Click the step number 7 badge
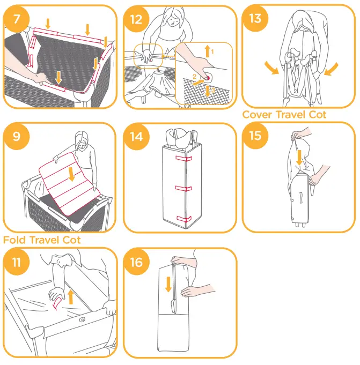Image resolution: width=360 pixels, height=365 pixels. (x=16, y=19)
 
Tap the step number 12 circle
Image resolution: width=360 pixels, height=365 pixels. (x=136, y=19)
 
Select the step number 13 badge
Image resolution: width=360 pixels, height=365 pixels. (x=255, y=19)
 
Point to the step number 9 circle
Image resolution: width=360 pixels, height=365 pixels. (x=16, y=136)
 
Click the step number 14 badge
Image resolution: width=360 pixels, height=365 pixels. (x=136, y=136)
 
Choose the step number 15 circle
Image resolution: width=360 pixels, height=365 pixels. (x=255, y=136)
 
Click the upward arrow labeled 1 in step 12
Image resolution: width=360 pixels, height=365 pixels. (x=208, y=52)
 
